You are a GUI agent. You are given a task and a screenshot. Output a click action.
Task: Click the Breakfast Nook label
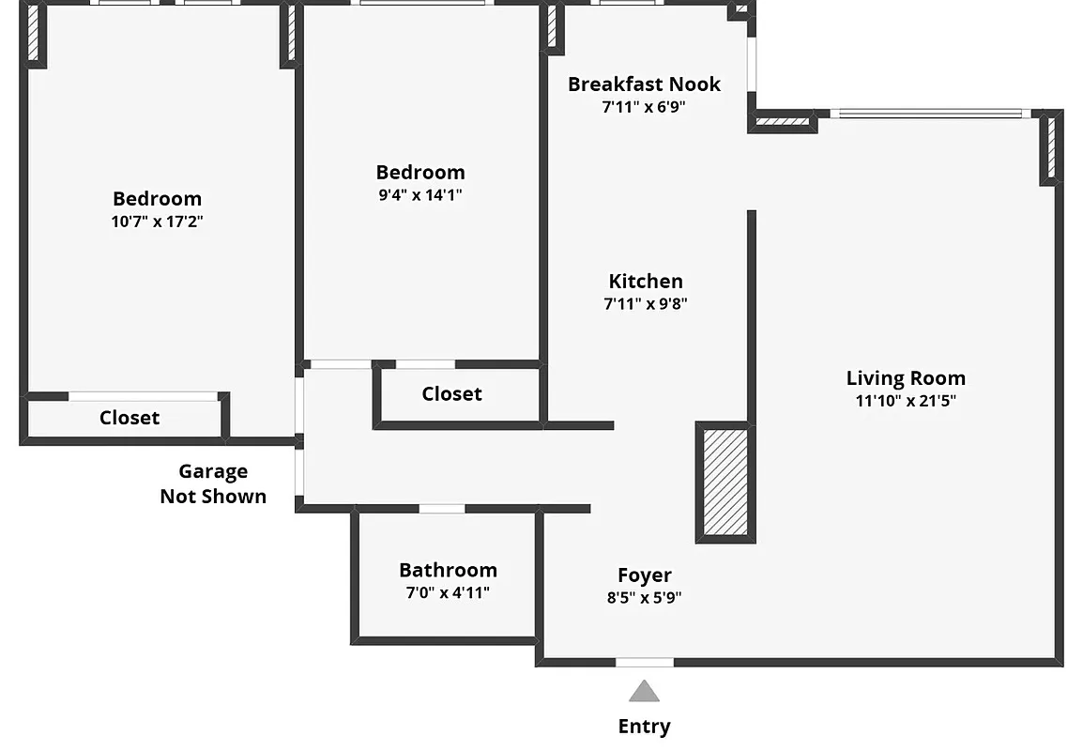pos(644,84)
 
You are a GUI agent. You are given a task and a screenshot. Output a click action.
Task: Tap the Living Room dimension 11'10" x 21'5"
pos(906,401)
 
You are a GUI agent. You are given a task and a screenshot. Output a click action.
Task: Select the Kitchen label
pos(646,282)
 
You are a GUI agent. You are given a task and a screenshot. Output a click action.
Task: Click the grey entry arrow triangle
pos(644,693)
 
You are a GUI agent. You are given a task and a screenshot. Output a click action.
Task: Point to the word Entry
pos(644,727)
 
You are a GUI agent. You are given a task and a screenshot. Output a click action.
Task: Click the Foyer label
pos(644,575)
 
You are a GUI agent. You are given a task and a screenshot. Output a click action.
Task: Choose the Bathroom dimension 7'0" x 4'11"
pos(448,592)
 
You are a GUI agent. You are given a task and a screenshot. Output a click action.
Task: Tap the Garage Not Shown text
pos(213,483)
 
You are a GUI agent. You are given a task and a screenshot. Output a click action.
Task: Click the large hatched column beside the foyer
pos(725,483)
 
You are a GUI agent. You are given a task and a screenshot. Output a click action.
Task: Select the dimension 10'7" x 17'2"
pos(157,222)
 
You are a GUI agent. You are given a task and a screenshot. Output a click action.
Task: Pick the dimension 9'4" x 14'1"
pos(419,195)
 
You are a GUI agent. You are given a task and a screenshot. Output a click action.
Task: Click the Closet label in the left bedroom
pos(130,418)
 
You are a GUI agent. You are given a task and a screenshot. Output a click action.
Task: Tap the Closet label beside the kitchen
pos(451,394)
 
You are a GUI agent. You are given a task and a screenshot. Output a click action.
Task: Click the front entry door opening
pos(644,663)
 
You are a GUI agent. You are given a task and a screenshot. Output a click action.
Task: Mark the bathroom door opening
pos(441,509)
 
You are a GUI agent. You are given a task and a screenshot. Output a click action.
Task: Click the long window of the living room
pos(929,115)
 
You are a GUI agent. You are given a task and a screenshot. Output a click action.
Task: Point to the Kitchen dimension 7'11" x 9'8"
pos(646,304)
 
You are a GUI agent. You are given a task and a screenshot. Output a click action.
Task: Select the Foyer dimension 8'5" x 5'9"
pos(644,598)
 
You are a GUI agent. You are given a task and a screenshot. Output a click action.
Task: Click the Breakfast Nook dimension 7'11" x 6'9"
pos(644,107)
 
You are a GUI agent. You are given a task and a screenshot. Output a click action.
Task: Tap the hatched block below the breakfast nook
pos(783,120)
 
